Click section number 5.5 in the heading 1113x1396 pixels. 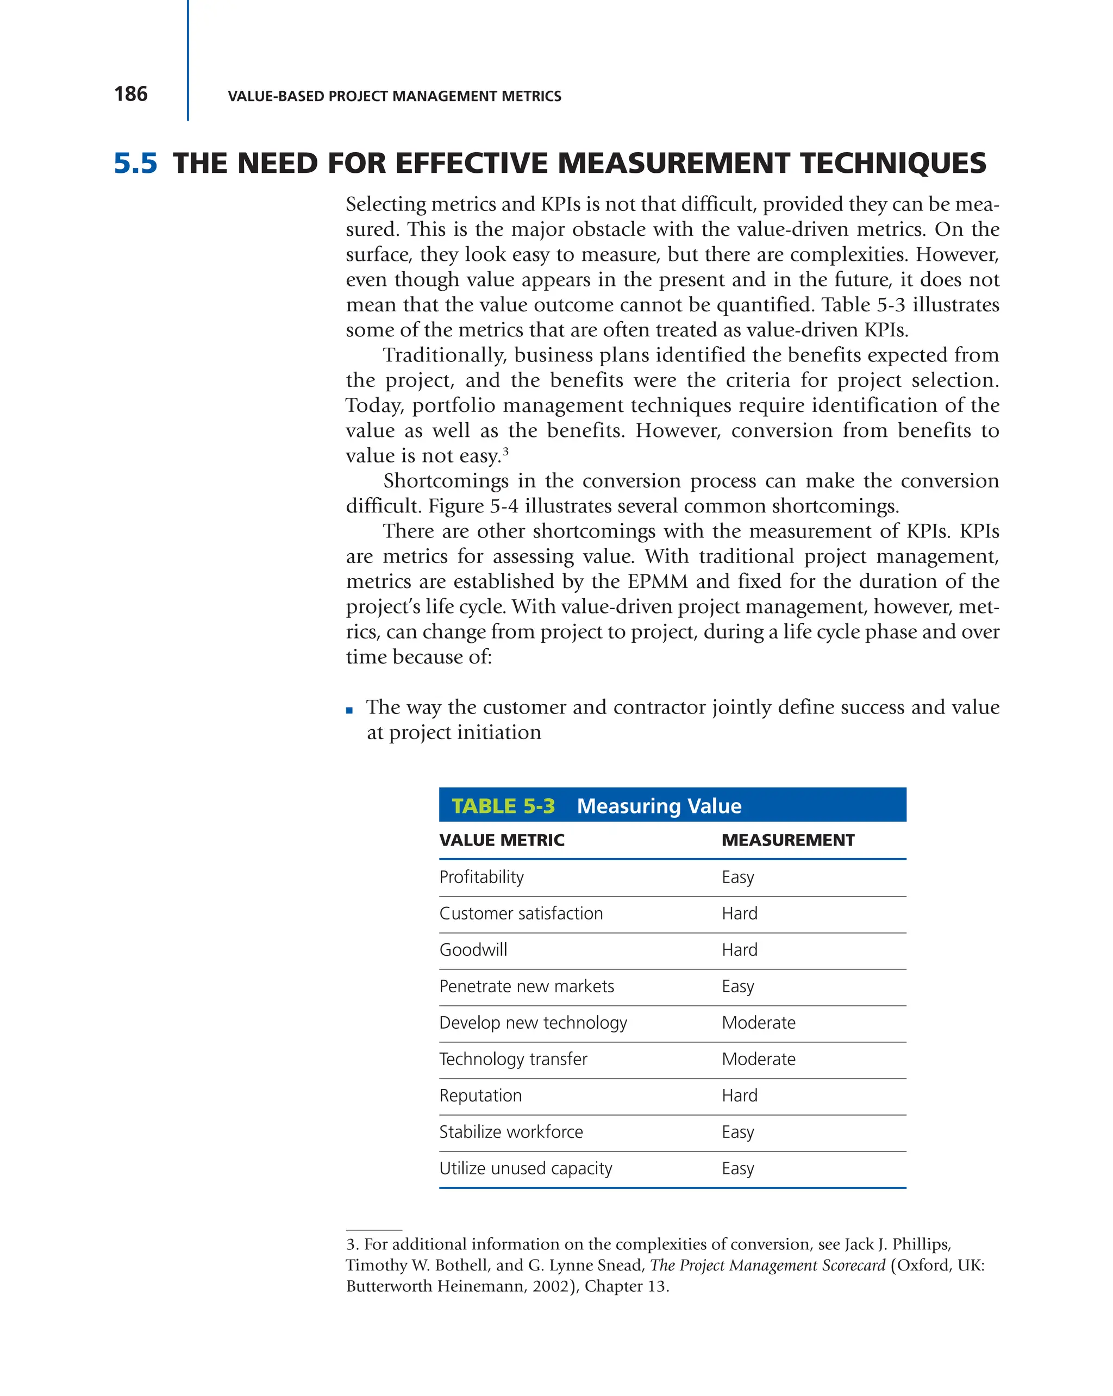[135, 163]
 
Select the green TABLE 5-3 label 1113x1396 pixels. [503, 805]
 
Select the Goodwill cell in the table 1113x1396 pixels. [473, 950]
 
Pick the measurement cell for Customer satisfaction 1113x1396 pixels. [740, 913]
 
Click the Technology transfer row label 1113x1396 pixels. [513, 1059]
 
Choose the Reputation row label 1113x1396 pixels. [480, 1095]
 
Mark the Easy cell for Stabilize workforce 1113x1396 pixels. [738, 1132]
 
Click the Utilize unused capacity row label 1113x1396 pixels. [525, 1168]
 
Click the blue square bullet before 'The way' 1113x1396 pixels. [349, 710]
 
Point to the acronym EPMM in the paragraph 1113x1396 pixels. [657, 581]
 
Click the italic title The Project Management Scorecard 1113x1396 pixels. [767, 1265]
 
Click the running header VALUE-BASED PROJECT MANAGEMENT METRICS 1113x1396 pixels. [395, 96]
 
